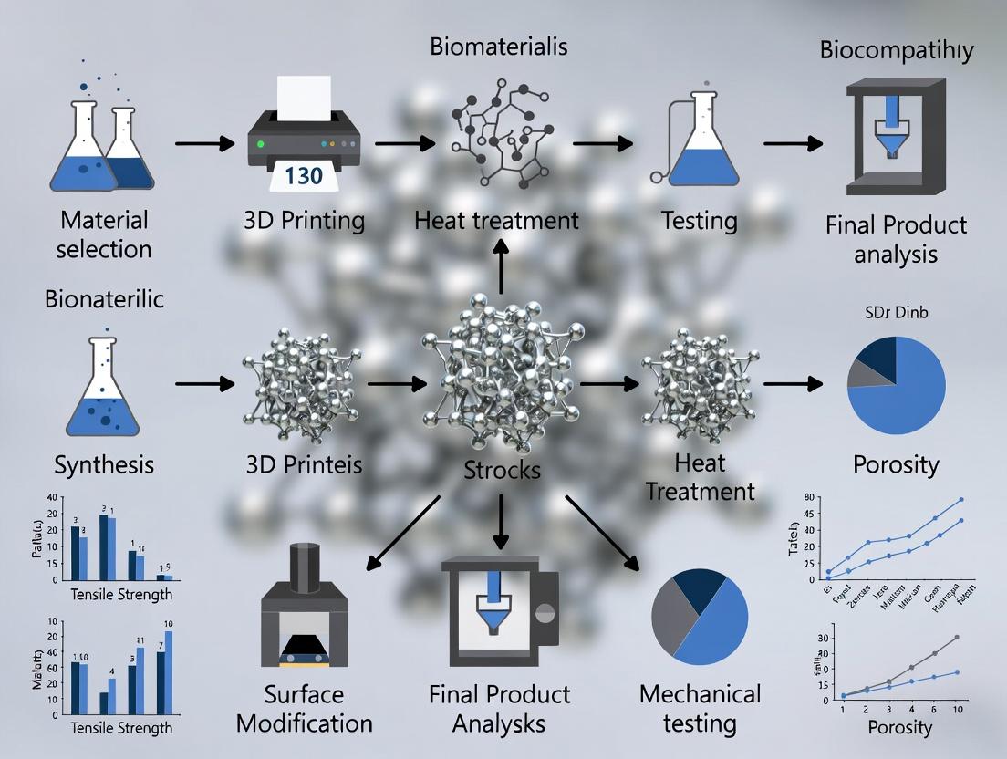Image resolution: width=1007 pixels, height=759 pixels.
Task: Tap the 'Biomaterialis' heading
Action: [x=501, y=46]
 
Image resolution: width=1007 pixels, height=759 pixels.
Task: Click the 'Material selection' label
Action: [x=104, y=234]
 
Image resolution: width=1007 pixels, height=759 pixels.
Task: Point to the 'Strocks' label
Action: [x=501, y=471]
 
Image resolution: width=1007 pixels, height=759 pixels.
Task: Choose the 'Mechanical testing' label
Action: [x=700, y=708]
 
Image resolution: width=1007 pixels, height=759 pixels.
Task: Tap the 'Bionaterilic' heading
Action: [x=104, y=298]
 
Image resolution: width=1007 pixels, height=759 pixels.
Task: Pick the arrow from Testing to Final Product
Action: [x=792, y=143]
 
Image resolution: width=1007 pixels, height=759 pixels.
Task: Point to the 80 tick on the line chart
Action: [x=805, y=498]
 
